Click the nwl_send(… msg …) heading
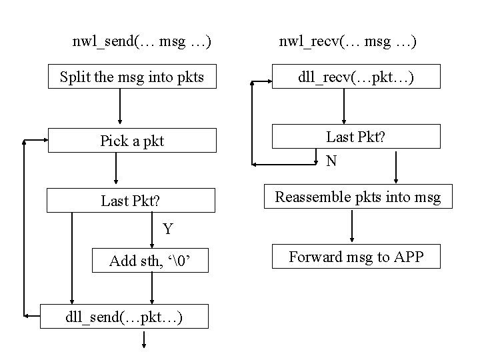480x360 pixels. pos(142,43)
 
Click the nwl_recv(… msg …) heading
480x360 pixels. pos(347,43)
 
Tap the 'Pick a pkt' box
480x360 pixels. pos(131,141)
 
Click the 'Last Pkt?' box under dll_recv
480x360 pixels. pos(357,137)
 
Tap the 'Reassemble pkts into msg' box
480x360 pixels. pos(359,197)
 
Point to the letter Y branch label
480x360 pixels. pos(167,229)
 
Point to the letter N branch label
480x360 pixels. pos(331,161)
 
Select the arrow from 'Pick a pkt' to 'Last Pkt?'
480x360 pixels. pos(116,169)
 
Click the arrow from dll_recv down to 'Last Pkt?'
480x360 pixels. pos(344,107)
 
